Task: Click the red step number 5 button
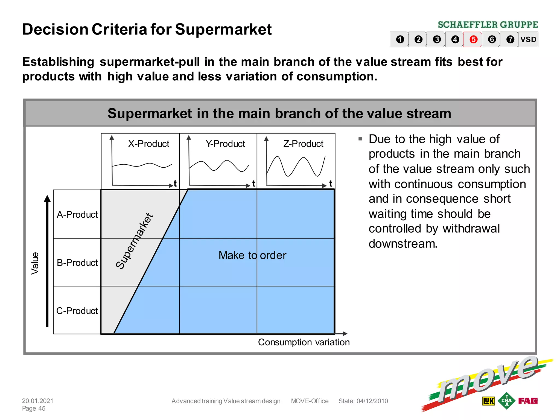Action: pyautogui.click(x=473, y=39)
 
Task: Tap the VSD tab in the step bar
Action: pyautogui.click(x=528, y=39)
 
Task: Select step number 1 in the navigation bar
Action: pyautogui.click(x=400, y=39)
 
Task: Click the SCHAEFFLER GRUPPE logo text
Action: pyautogui.click(x=488, y=25)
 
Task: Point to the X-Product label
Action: pyautogui.click(x=148, y=144)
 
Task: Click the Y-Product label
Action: pyautogui.click(x=225, y=144)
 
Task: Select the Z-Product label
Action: pyautogui.click(x=303, y=144)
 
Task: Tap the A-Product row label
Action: pyautogui.click(x=77, y=215)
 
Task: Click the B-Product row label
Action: pyautogui.click(x=77, y=263)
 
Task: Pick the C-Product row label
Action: pyautogui.click(x=77, y=311)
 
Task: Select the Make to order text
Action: pyautogui.click(x=252, y=255)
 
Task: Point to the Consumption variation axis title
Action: pyautogui.click(x=304, y=342)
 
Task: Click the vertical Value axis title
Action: pyautogui.click(x=35, y=263)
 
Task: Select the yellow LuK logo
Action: pyautogui.click(x=488, y=401)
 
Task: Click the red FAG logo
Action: pyautogui.click(x=528, y=401)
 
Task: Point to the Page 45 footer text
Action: pyautogui.click(x=34, y=409)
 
